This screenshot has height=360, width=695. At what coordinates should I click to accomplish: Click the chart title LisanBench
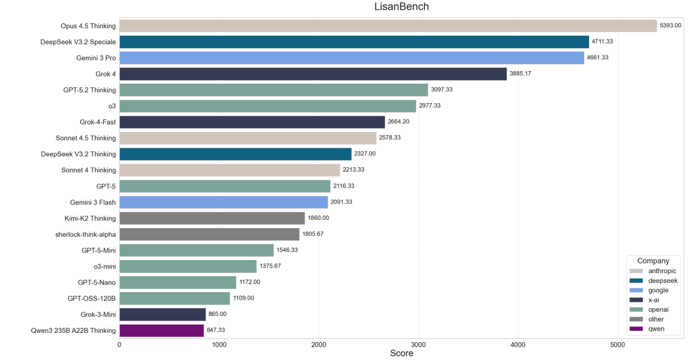[x=401, y=7]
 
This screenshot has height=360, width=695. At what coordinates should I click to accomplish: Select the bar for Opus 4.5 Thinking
[x=388, y=26]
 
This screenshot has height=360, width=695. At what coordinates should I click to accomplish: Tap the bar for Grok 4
[x=313, y=74]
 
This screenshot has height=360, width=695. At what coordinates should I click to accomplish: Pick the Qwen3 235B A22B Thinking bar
[x=162, y=330]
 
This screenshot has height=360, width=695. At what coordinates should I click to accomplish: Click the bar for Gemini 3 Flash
[x=224, y=202]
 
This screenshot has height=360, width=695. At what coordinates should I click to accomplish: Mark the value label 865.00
[x=217, y=314]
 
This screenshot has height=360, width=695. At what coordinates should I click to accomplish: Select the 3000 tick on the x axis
[x=418, y=344]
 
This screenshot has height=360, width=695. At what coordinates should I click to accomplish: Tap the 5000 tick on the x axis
[x=617, y=344]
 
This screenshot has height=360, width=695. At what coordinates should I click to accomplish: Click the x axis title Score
[x=401, y=354]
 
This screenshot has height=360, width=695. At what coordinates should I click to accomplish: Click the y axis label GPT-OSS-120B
[x=92, y=299]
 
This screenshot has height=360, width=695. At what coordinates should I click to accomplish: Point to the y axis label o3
[x=112, y=106]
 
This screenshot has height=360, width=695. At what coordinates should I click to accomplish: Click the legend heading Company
[x=653, y=261]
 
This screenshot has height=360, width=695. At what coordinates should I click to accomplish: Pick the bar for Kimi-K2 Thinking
[x=212, y=218]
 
